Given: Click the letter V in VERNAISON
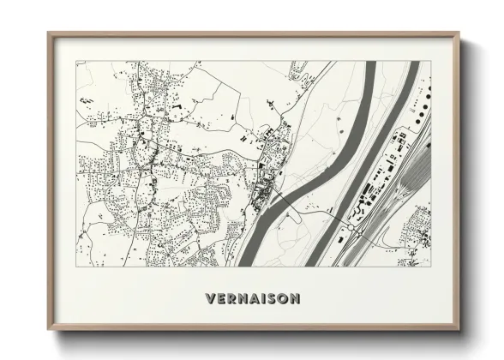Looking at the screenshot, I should pos(211,299).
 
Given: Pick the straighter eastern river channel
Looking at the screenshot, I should pos(377,154).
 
